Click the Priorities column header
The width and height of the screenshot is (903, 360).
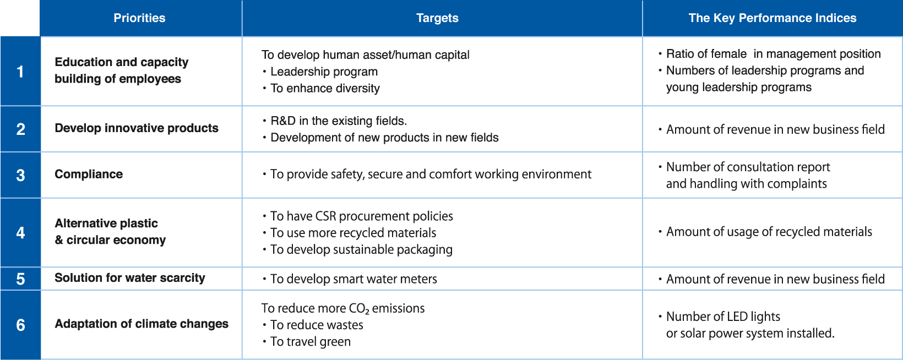pos(139,18)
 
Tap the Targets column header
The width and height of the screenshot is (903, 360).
pos(437,18)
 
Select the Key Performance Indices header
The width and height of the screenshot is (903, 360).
pos(773,18)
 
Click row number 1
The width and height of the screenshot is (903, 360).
pos(20,72)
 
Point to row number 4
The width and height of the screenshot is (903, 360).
pos(20,233)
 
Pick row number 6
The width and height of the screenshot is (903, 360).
pos(20,325)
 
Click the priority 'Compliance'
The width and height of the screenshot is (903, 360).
pos(89,174)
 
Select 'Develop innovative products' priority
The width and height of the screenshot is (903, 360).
pos(136,128)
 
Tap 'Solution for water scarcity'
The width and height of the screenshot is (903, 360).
pos(130,278)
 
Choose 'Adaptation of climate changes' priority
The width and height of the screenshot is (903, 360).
pos(142,324)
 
